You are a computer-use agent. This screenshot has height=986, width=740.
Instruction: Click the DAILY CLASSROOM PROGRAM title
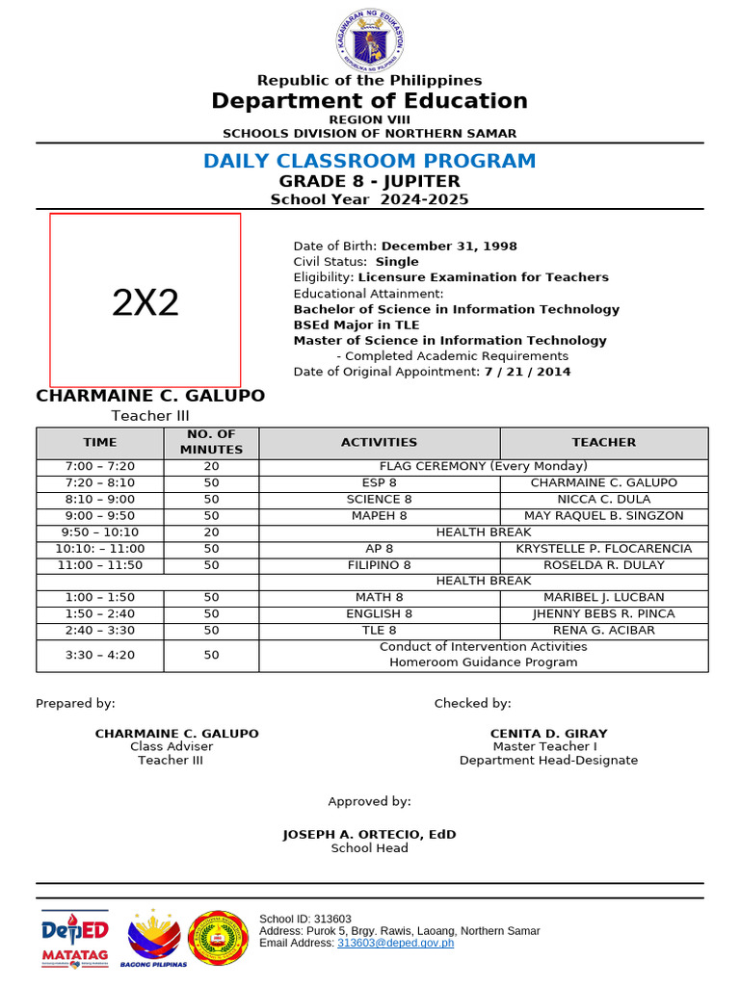pyautogui.click(x=369, y=161)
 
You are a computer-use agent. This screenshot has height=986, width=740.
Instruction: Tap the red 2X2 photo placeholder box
pyautogui.click(x=145, y=300)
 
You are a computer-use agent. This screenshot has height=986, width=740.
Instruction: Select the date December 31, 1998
pyautogui.click(x=449, y=246)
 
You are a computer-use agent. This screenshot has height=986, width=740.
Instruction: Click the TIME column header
pyautogui.click(x=100, y=443)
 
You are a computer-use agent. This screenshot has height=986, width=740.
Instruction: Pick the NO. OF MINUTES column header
pyautogui.click(x=211, y=443)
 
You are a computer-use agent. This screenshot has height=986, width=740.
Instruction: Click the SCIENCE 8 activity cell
pyautogui.click(x=379, y=500)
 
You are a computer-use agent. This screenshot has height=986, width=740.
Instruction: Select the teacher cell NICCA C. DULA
pyautogui.click(x=603, y=500)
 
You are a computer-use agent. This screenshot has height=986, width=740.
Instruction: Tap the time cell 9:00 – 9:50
pyautogui.click(x=100, y=516)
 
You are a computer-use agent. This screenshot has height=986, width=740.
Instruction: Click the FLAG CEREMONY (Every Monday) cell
pyautogui.click(x=483, y=466)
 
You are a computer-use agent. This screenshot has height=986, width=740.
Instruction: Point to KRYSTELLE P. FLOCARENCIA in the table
pyautogui.click(x=603, y=549)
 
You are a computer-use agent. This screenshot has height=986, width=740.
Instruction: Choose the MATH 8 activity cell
pyautogui.click(x=379, y=598)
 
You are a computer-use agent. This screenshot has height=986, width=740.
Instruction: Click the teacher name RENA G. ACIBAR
pyautogui.click(x=603, y=631)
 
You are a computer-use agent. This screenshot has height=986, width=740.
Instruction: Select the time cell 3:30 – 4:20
pyautogui.click(x=100, y=655)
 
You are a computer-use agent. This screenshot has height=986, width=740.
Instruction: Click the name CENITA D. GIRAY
pyautogui.click(x=548, y=733)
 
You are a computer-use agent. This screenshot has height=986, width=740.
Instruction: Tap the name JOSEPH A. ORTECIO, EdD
pyautogui.click(x=369, y=834)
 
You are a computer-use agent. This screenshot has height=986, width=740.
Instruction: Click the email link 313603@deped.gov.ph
pyautogui.click(x=395, y=943)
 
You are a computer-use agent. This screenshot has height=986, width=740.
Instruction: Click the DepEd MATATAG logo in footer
pyautogui.click(x=74, y=937)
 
